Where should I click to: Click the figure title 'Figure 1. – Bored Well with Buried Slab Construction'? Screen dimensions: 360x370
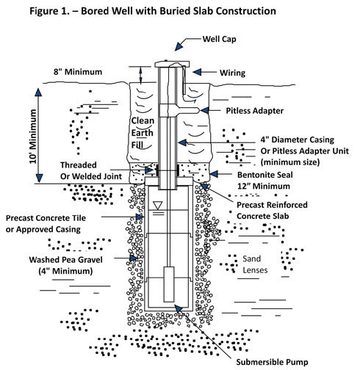153,11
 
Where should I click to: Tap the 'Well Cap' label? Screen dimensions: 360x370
219,39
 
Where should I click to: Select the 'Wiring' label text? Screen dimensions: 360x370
232,73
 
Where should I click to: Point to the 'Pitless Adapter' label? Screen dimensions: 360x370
255,111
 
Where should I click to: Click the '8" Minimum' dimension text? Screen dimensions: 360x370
78,72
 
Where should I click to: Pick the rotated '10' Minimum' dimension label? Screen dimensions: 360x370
33,137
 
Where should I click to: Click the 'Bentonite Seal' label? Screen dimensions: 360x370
265,175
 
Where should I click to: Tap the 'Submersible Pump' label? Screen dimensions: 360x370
272,362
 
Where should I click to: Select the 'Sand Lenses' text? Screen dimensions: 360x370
255,264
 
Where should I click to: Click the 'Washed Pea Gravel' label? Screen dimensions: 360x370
65,260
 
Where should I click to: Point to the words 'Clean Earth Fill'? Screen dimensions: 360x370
143,133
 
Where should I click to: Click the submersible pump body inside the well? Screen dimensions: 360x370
169,284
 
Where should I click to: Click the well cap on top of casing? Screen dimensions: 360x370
172,64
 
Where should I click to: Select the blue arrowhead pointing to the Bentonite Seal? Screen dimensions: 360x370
214,174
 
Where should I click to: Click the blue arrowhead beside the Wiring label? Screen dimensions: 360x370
197,72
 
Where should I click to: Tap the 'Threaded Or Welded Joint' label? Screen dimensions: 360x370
91,171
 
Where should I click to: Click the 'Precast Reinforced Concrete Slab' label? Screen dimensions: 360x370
272,211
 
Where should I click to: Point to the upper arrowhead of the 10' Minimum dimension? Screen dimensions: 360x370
38,92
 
